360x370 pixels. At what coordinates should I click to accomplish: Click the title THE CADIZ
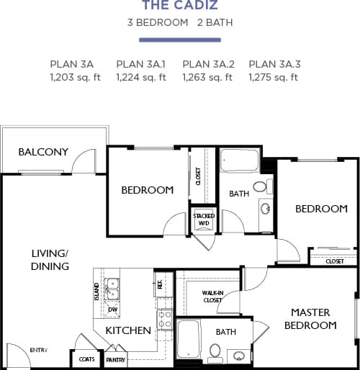(x=179, y=6)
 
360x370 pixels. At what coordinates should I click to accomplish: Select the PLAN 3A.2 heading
(x=207, y=64)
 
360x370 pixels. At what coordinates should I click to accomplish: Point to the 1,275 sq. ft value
(x=273, y=77)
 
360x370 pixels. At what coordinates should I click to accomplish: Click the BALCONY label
(x=43, y=152)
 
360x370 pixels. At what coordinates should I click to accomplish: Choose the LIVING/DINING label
(x=50, y=260)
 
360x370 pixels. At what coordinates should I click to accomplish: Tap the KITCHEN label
(x=128, y=331)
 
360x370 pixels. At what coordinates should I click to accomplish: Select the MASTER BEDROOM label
(x=310, y=319)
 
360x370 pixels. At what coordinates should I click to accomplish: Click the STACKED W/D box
(x=204, y=220)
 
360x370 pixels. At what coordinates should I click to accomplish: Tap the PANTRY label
(x=115, y=359)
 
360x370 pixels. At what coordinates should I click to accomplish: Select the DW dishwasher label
(x=112, y=310)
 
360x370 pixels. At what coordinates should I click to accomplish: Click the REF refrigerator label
(x=160, y=284)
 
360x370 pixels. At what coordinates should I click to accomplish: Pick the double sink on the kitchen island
(x=112, y=289)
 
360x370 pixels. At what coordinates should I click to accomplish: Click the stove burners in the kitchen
(x=165, y=319)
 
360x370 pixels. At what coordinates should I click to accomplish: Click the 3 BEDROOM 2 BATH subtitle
(x=179, y=22)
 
